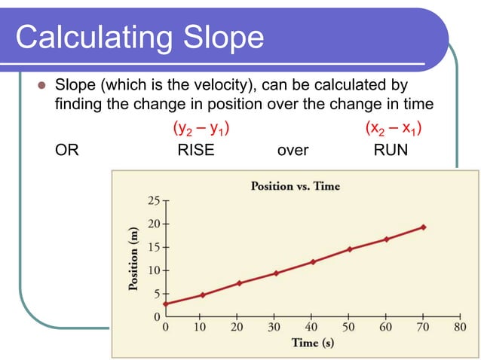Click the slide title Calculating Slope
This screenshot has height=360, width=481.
[139, 37]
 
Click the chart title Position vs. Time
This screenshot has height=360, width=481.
[295, 186]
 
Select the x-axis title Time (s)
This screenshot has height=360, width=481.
[312, 343]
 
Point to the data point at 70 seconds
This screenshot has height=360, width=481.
[423, 227]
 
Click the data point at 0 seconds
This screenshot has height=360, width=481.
[165, 304]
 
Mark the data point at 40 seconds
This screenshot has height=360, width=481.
[313, 261]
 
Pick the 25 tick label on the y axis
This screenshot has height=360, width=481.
[154, 201]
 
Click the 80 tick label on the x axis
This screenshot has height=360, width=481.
[460, 327]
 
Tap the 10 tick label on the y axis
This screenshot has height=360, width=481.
[154, 270]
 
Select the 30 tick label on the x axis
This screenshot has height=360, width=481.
[275, 327]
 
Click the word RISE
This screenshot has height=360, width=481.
[195, 150]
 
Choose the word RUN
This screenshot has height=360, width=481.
[391, 150]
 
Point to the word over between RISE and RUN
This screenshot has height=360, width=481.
[293, 150]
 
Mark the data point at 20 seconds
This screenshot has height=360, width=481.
[239, 283]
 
